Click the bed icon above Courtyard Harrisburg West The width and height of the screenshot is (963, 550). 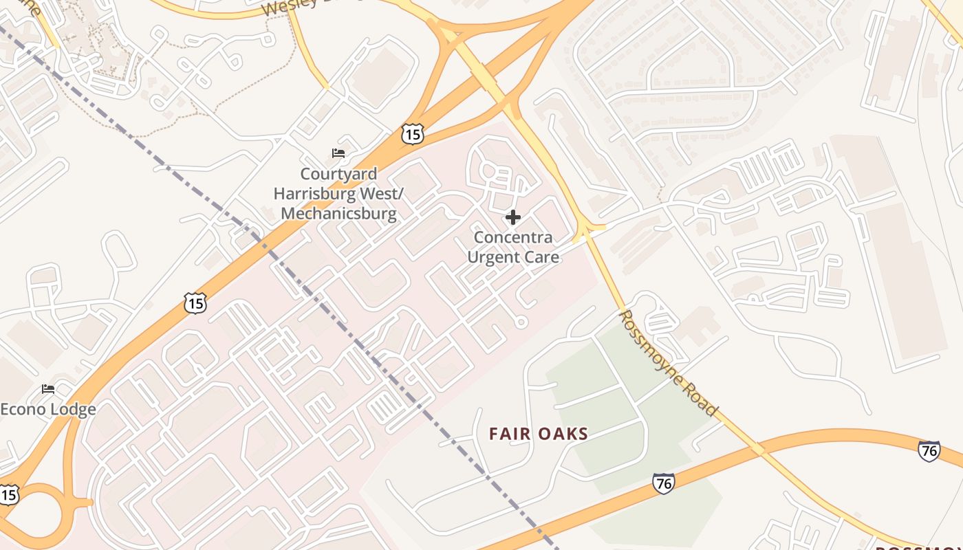(338, 153)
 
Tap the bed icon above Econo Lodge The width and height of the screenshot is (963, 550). (48, 389)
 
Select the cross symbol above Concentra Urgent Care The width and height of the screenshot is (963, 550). (512, 218)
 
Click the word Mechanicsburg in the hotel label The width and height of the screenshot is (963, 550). (338, 213)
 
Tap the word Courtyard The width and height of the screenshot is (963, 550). (338, 174)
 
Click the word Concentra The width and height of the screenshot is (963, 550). (513, 238)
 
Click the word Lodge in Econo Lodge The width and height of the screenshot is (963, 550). (73, 410)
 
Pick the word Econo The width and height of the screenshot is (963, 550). (23, 410)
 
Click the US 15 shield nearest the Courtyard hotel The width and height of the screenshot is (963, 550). (412, 134)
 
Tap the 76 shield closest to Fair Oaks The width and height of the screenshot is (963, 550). (663, 483)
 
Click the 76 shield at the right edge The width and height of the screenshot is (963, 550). (929, 451)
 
